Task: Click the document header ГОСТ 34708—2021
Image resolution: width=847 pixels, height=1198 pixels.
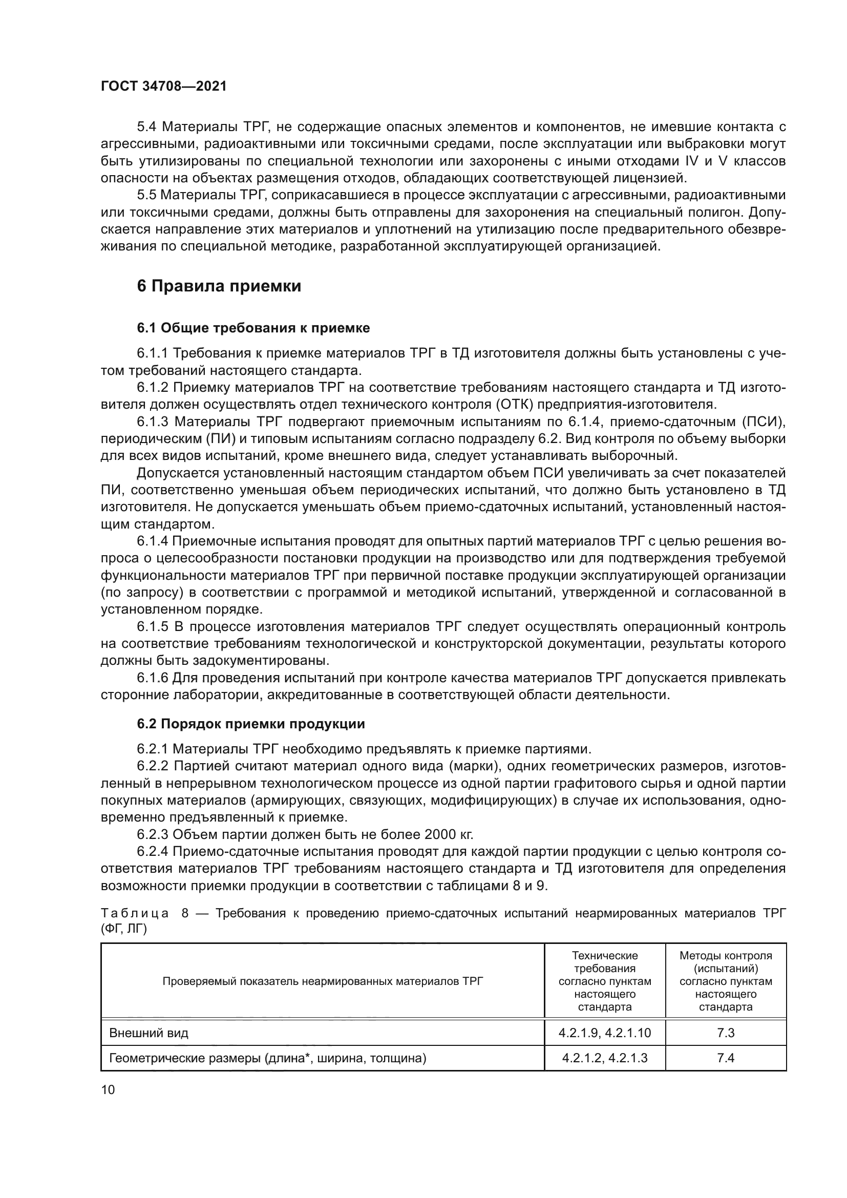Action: tap(164, 87)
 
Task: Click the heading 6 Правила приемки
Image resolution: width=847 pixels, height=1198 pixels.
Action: tap(219, 286)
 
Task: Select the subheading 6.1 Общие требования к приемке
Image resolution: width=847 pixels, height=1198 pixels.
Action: tap(253, 328)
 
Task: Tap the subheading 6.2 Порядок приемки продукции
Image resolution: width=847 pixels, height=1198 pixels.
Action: tap(251, 724)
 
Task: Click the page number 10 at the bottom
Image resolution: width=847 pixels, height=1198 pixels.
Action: tap(108, 1089)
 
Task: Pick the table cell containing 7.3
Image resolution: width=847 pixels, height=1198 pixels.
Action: tap(726, 1033)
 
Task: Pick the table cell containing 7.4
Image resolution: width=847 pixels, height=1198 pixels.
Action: tap(726, 1058)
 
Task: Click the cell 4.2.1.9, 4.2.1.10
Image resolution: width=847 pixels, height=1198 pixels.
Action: tap(604, 1033)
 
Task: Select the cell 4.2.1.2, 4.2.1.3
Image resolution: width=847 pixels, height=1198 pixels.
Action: tap(604, 1058)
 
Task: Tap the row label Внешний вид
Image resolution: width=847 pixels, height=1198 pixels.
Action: tap(149, 1033)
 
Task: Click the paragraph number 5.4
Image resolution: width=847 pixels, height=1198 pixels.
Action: tap(146, 127)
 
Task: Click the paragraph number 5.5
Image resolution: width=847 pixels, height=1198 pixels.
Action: tap(146, 195)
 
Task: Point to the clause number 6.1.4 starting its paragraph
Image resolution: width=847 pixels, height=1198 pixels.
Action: tap(152, 541)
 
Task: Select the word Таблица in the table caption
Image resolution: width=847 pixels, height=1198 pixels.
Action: tap(135, 913)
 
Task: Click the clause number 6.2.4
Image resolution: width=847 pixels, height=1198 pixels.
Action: tap(152, 852)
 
